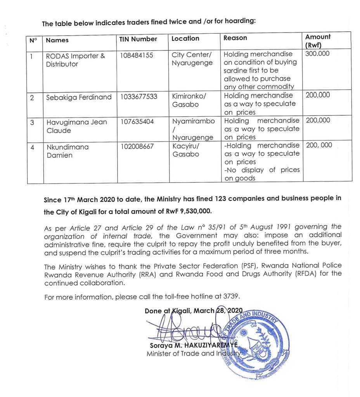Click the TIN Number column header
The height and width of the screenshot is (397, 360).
pos(138,39)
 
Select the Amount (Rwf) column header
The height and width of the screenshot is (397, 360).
pos(318,41)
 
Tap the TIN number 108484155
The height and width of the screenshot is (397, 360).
pos(136,55)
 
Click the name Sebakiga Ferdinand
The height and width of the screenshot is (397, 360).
pos(79,97)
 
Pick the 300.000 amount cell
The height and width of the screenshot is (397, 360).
pos(317,54)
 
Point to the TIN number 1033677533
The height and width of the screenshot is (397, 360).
pos(138,97)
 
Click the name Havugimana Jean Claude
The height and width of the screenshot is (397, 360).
pos(76,126)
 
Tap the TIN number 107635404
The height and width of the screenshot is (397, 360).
pos(137,122)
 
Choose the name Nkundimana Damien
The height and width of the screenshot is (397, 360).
pos(67,151)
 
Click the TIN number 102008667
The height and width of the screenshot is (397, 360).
pos(137,147)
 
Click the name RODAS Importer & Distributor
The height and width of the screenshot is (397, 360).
pos(75,60)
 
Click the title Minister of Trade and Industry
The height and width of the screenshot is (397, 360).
pos(193,354)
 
